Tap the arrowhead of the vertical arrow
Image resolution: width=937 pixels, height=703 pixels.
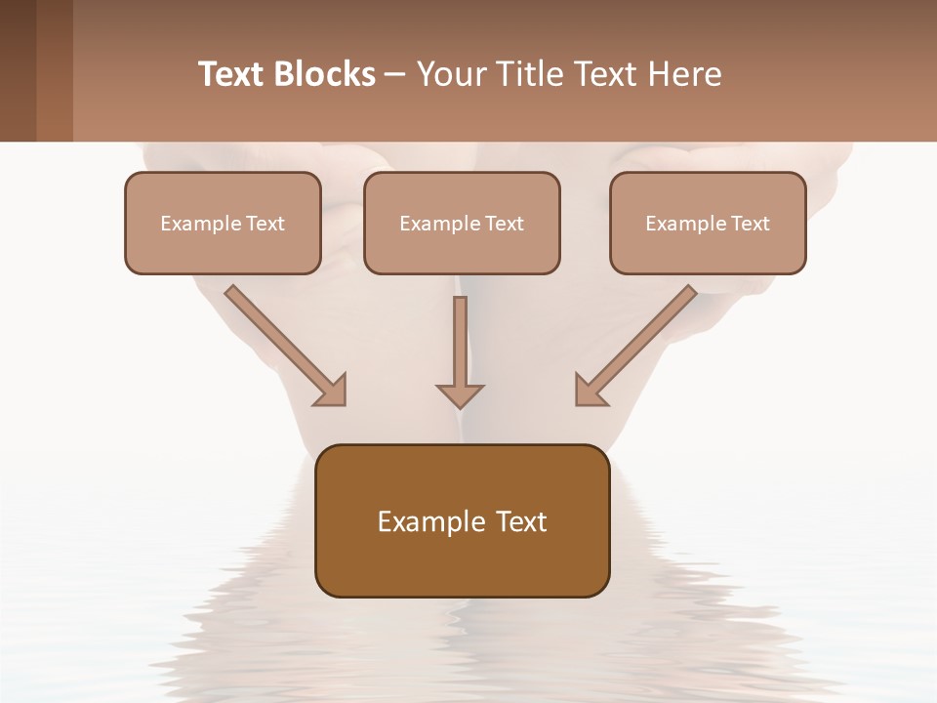point(460,394)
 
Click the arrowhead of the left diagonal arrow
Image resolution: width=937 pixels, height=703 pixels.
point(333,391)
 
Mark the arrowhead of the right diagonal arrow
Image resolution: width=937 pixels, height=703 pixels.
point(589,391)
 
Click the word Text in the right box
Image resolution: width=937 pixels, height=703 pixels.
point(751,224)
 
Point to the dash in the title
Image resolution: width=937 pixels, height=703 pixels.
point(395,74)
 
